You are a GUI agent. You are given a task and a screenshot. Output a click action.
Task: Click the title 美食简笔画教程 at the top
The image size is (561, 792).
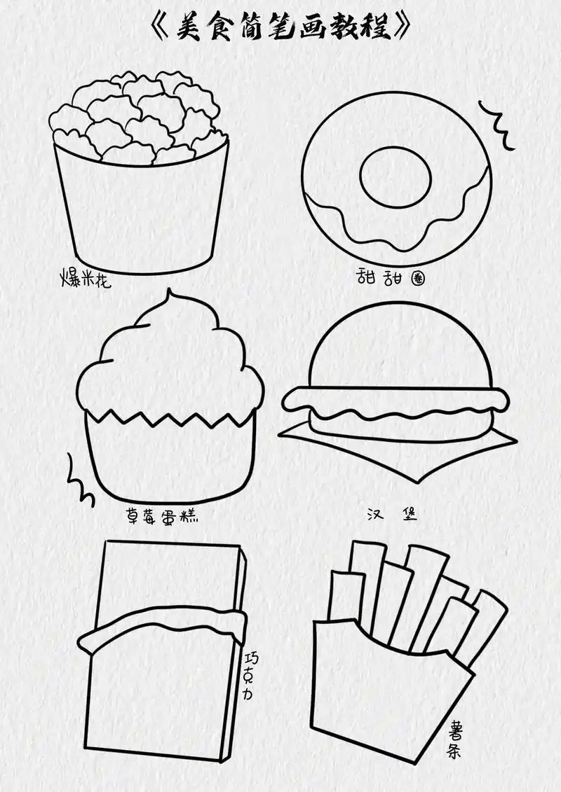[x=280, y=27]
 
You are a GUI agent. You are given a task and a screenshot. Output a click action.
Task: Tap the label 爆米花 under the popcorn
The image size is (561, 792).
[x=86, y=278]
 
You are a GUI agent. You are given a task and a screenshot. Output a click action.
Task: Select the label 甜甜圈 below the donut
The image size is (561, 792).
[x=390, y=277]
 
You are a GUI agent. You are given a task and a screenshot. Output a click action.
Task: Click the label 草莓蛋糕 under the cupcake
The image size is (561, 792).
[x=162, y=515]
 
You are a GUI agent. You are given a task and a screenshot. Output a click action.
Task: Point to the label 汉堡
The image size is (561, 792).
[x=392, y=515]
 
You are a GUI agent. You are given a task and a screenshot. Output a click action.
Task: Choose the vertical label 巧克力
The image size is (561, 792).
[x=251, y=675]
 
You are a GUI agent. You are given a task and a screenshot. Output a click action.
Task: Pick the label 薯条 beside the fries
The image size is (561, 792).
[x=454, y=739]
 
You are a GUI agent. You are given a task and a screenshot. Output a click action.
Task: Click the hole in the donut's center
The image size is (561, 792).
[x=395, y=177]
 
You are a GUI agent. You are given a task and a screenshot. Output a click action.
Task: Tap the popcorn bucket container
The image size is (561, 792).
[x=142, y=212]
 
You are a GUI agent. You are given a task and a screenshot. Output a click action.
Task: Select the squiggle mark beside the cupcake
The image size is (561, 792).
[x=79, y=480]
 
